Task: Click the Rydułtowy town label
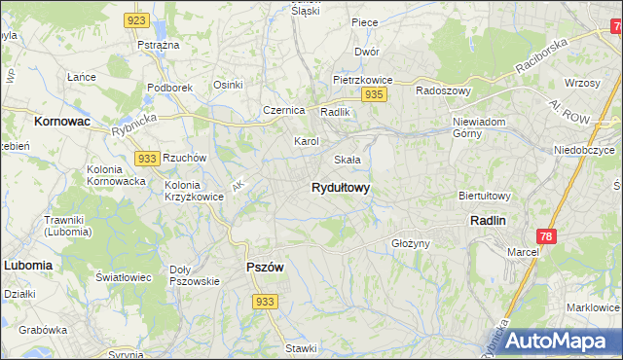[340, 188]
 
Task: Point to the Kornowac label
[61, 123]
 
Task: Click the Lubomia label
[27, 264]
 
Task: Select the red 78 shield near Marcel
[547, 236]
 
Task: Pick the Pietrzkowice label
[361, 80]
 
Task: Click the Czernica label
[284, 110]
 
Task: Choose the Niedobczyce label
[584, 152]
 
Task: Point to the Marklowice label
[593, 307]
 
